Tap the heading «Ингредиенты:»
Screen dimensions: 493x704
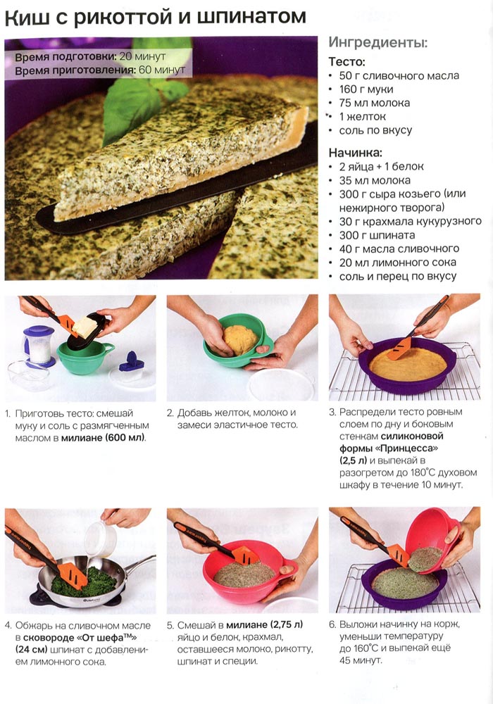coord(378,43)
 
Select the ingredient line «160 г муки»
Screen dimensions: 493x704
coord(366,89)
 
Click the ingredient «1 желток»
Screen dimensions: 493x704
coord(362,116)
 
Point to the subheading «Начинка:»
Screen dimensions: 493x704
coord(355,152)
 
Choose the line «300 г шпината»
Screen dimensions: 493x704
coord(377,235)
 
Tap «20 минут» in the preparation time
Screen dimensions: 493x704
coord(143,57)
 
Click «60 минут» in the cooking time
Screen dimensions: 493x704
coord(162,70)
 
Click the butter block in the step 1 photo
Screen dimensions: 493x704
coord(85,327)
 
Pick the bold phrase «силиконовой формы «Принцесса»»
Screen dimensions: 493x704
coord(391,442)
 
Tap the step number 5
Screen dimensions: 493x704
coord(170,625)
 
